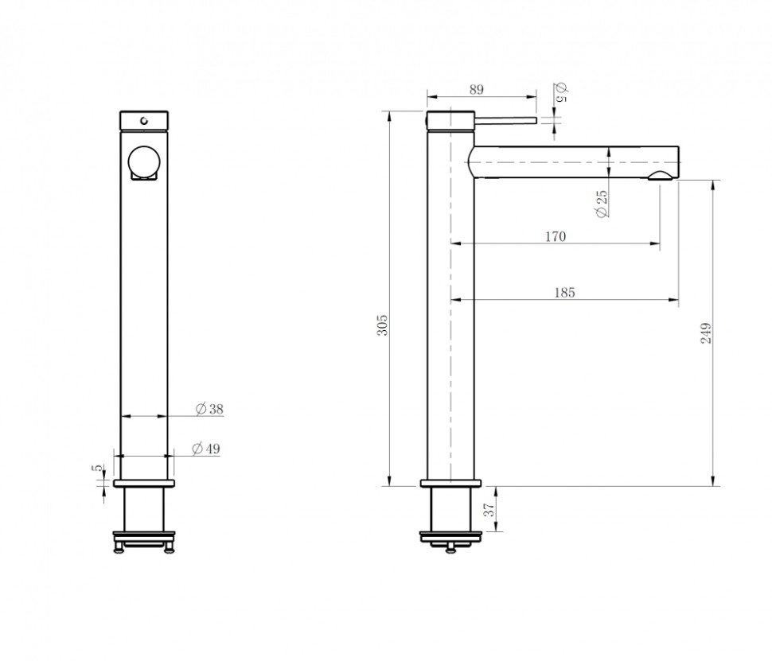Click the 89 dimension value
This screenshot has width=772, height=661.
(477, 90)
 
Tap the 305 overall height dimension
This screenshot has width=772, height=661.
(382, 325)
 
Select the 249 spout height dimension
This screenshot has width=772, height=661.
(705, 333)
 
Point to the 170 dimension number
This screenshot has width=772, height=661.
(556, 236)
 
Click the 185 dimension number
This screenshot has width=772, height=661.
(564, 293)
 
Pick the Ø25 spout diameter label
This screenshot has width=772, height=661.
(601, 204)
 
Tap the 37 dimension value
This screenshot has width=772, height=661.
(489, 510)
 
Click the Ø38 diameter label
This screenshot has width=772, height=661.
(209, 409)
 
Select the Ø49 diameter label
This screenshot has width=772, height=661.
(206, 449)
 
